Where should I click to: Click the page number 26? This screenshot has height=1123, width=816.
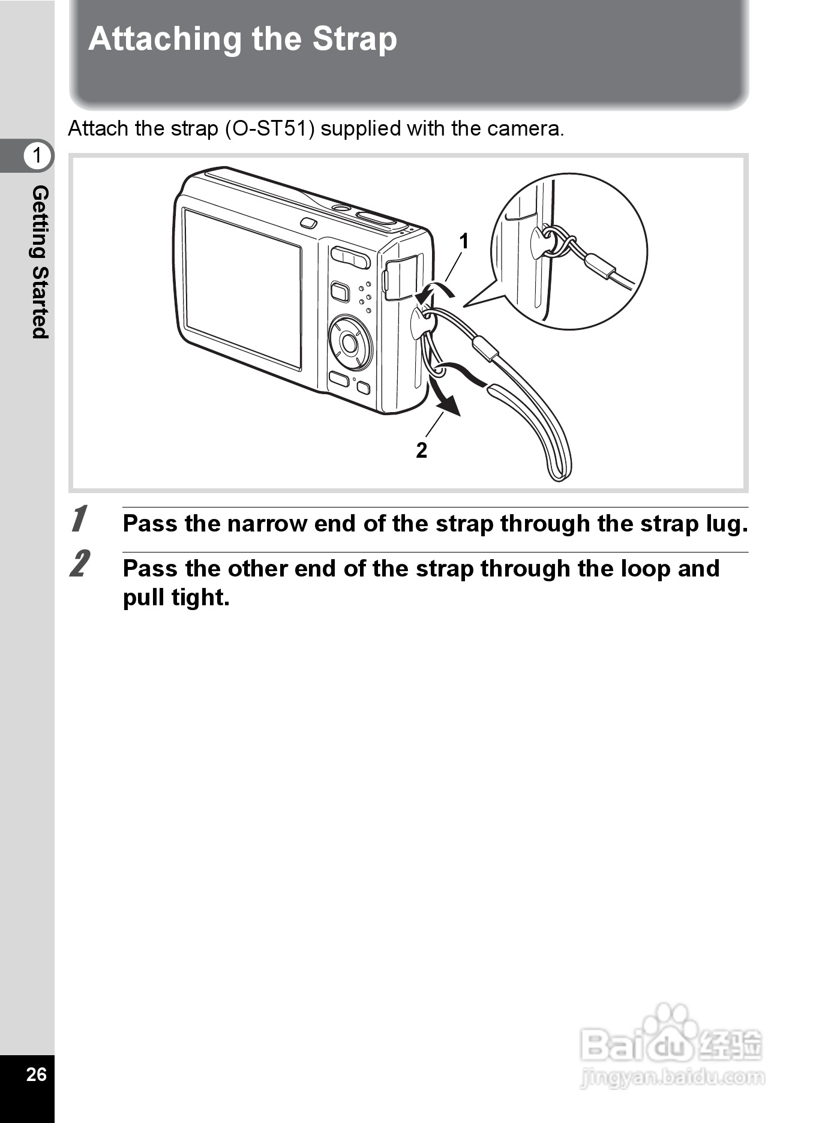37,1074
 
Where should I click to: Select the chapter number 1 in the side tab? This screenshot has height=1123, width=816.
37,155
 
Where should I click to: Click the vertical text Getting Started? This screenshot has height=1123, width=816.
40,262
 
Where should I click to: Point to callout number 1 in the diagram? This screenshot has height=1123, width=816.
464,241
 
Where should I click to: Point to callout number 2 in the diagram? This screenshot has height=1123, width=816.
422,450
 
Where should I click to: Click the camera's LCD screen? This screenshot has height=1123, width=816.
242,289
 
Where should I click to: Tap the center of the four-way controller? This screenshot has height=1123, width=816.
349,343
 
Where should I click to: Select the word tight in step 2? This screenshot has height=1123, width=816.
202,598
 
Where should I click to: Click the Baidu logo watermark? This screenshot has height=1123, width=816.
671,1038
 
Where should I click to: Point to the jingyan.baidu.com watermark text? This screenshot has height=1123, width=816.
672,1077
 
